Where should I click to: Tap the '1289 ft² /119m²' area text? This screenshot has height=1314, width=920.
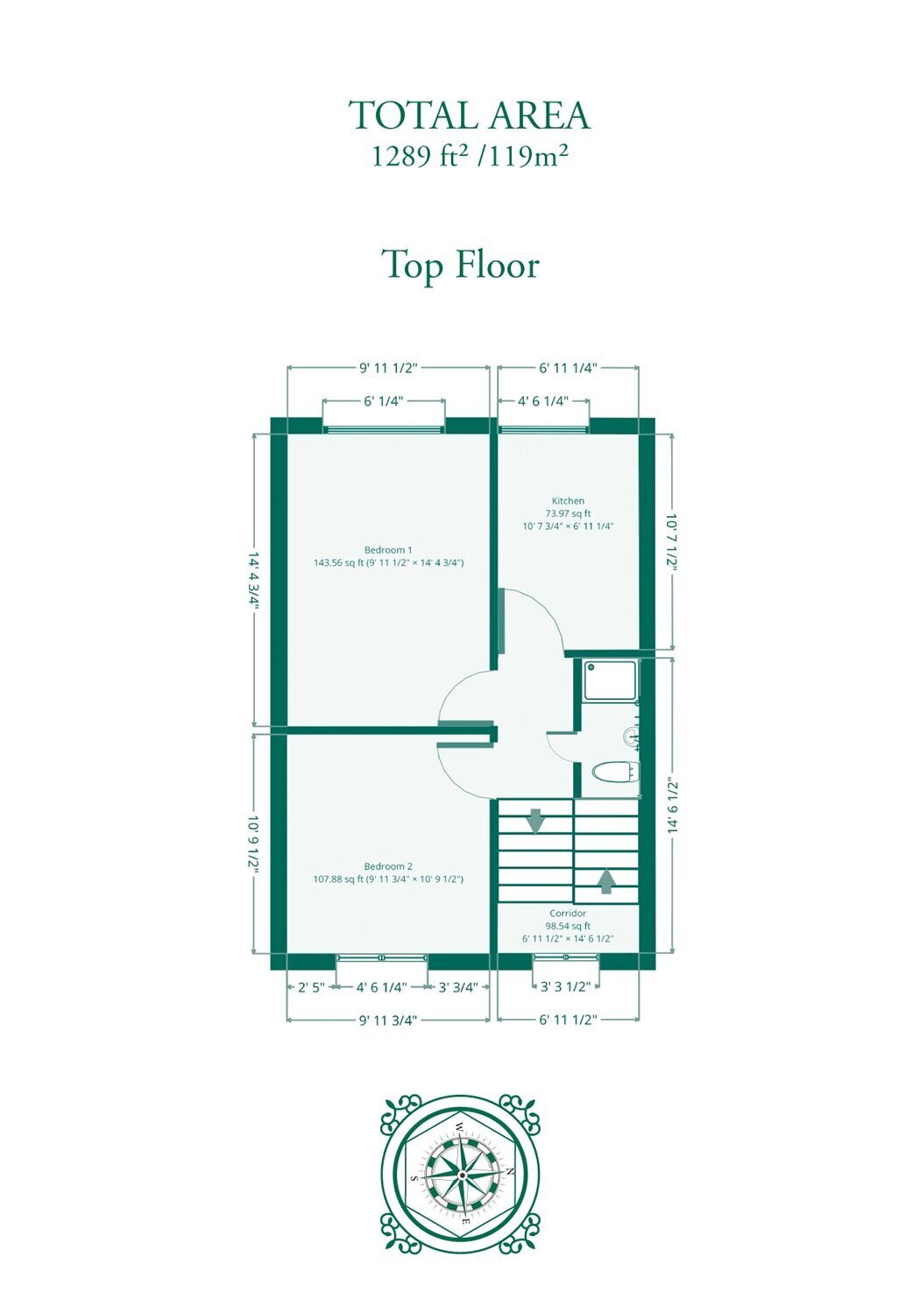tap(470, 156)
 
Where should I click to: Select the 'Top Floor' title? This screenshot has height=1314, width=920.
tap(460, 265)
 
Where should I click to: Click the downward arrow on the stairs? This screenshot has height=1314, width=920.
tap(535, 821)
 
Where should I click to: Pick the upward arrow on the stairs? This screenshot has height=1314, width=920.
tap(606, 881)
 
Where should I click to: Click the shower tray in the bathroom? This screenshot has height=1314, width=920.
tap(610, 680)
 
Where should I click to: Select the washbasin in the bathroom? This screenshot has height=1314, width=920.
tap(632, 736)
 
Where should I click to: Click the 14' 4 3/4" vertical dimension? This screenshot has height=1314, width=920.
tap(254, 581)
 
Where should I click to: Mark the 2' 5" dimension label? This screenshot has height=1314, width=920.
tap(310, 987)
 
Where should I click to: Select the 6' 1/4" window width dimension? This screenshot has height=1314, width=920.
tap(384, 401)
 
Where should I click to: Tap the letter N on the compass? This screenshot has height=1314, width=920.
tap(511, 1170)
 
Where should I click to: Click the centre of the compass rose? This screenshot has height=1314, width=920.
tap(463, 1175)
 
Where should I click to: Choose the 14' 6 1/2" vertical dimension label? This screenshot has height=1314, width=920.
tap(672, 807)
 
